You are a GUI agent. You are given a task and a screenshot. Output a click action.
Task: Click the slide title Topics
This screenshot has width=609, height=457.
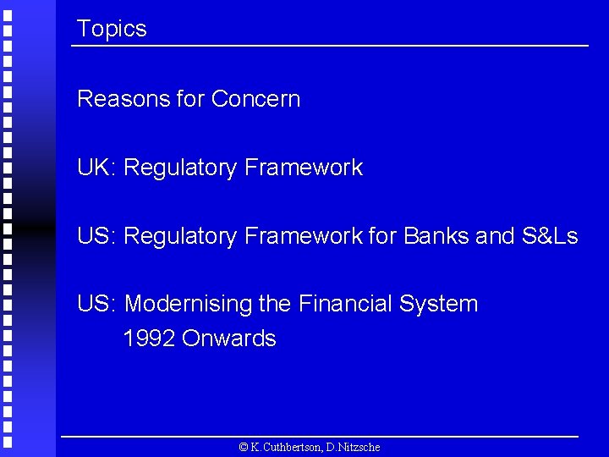pos(112,29)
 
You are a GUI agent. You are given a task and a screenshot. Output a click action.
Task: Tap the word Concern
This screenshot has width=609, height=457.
pos(255,99)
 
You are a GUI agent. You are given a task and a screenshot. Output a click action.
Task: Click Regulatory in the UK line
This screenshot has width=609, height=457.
pos(180,168)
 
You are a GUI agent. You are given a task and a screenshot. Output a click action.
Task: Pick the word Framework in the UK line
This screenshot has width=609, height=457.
pos(303,168)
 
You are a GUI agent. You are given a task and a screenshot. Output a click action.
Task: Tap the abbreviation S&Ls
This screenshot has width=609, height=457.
pos(550,236)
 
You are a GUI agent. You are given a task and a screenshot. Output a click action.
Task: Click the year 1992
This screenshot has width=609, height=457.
pos(149,339)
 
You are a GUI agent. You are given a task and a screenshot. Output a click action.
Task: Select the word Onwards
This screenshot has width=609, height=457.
pos(229,339)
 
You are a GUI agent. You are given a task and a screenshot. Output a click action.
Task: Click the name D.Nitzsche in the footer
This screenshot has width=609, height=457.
pos(354,447)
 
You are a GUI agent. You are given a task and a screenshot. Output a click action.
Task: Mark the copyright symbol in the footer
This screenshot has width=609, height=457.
pos(244,447)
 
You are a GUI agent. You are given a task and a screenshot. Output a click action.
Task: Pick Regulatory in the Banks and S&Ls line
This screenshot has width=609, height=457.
pos(180,237)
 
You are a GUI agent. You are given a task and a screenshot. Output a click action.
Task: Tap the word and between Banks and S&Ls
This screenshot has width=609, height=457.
pos(495,236)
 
